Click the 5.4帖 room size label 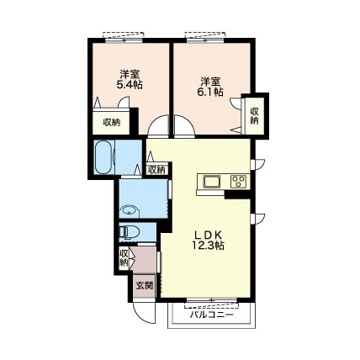point(130,85)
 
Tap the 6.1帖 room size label point(210,93)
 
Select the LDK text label point(208,235)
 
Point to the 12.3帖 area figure point(208,246)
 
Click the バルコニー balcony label point(212,315)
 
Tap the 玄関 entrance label point(145,286)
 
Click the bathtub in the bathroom point(104,157)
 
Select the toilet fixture point(130,232)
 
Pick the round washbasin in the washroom point(130,211)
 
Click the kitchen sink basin point(212,183)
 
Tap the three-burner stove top point(239,182)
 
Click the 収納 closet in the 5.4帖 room point(111,123)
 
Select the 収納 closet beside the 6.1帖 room point(254,115)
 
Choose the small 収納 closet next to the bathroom point(156,170)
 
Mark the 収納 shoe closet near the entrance point(124,257)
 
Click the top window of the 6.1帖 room point(205,40)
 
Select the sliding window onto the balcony point(212,300)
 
